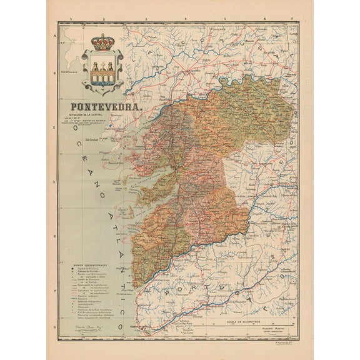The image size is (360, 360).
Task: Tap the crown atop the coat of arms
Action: pyautogui.click(x=102, y=42)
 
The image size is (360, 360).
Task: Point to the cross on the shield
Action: pyautogui.click(x=102, y=64)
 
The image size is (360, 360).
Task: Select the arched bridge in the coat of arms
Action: pyautogui.click(x=102, y=76)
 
